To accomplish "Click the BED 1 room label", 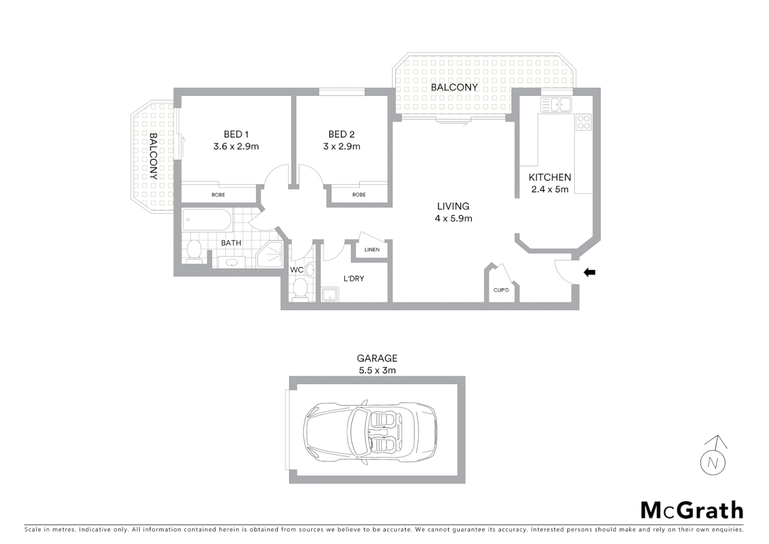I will [x=236, y=134].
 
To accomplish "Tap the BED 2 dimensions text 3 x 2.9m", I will [x=342, y=147].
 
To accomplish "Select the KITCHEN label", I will [x=550, y=177].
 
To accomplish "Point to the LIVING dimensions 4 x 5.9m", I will [x=453, y=219].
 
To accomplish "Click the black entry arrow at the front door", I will [x=589, y=273].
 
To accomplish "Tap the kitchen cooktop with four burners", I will [x=584, y=122].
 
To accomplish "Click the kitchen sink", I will [x=556, y=105].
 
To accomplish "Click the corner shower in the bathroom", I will [x=271, y=255].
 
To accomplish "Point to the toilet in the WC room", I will [x=300, y=290].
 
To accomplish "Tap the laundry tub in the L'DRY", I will [x=330, y=294].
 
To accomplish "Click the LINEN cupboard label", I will [x=372, y=250].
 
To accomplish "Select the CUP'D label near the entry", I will [x=501, y=290].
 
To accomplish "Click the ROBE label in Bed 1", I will [x=218, y=195].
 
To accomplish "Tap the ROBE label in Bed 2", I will [x=359, y=195].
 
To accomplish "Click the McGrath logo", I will [x=691, y=510].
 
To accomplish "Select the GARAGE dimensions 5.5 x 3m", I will [x=377, y=370].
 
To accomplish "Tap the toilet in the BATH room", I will [x=194, y=250].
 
